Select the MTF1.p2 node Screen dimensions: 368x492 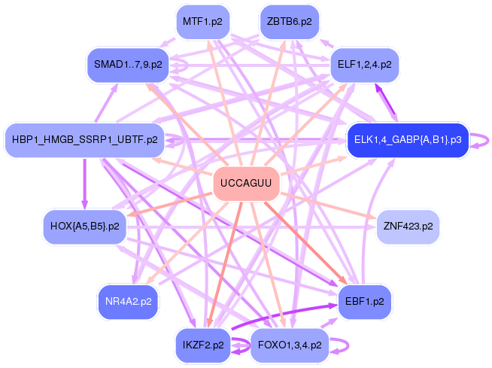click(202, 22)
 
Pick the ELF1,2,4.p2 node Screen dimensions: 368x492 click(365, 65)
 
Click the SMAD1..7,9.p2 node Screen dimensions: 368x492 click(128, 65)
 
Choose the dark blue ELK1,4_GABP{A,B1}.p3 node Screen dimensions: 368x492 click(408, 140)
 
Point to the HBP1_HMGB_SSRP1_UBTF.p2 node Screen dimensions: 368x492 click(85, 140)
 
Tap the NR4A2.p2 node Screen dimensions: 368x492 click(128, 301)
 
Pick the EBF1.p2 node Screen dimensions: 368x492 click(365, 301)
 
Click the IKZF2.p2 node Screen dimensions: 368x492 click(202, 345)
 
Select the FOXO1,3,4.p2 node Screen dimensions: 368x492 click(289, 345)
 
